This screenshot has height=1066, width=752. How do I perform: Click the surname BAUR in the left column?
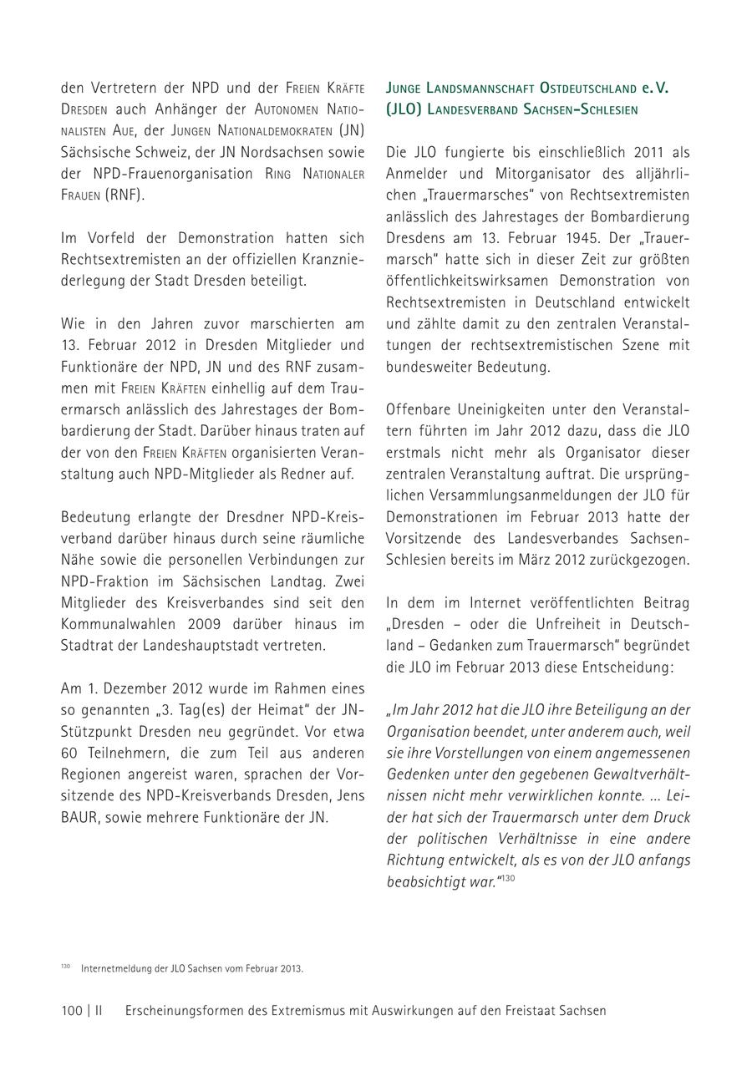(80, 818)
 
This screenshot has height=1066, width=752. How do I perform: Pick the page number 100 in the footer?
(72, 1010)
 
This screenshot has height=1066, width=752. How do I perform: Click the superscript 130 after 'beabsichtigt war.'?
(507, 878)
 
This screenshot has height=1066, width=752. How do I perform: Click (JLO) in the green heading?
(405, 109)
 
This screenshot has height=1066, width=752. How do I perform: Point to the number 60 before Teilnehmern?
(69, 753)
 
